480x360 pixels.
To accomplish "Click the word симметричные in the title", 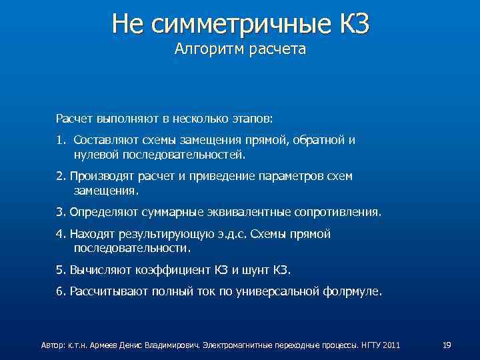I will [x=239, y=25].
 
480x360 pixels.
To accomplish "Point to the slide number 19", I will [x=447, y=345].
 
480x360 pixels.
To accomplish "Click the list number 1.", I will [x=59, y=141].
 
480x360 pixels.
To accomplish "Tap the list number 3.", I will [x=60, y=212].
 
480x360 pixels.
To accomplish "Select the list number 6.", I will [x=60, y=291].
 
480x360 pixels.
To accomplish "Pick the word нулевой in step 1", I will [x=93, y=155].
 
